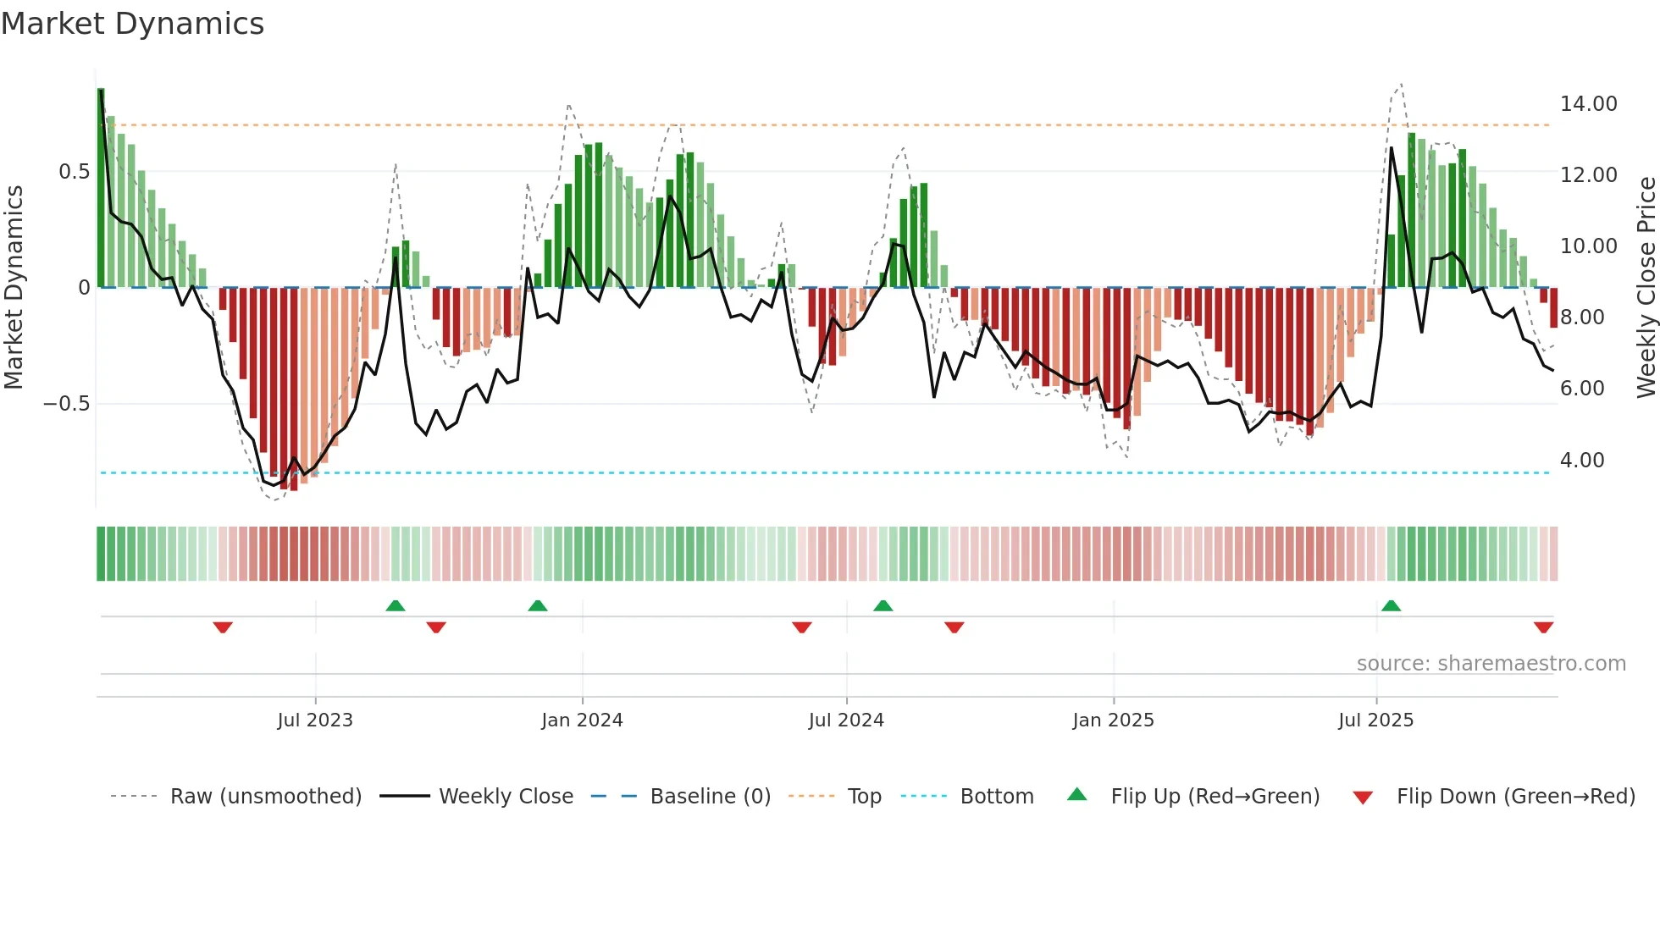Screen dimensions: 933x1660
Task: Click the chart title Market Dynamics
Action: pyautogui.click(x=132, y=24)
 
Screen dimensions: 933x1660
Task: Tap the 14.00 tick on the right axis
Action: pyautogui.click(x=1588, y=104)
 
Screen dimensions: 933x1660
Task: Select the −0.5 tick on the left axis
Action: pyautogui.click(x=66, y=404)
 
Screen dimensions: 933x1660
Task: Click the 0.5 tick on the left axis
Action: pyautogui.click(x=74, y=172)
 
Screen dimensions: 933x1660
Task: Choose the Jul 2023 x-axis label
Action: pyautogui.click(x=314, y=720)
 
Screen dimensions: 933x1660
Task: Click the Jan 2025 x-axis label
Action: pyautogui.click(x=1112, y=720)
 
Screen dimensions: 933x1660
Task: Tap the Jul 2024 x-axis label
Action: pyautogui.click(x=845, y=720)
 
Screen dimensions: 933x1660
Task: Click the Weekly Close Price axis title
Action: pyautogui.click(x=1646, y=287)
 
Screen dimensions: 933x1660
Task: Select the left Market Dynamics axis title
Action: pyautogui.click(x=14, y=287)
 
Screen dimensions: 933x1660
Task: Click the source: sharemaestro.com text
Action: pyautogui.click(x=1491, y=664)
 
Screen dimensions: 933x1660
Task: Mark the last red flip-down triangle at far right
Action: pyautogui.click(x=1543, y=627)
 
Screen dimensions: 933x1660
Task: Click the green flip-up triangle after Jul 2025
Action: pyautogui.click(x=1391, y=605)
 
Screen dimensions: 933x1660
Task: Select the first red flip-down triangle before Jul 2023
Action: pyautogui.click(x=223, y=627)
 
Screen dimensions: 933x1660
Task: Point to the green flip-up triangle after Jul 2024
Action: pyautogui.click(x=883, y=605)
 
